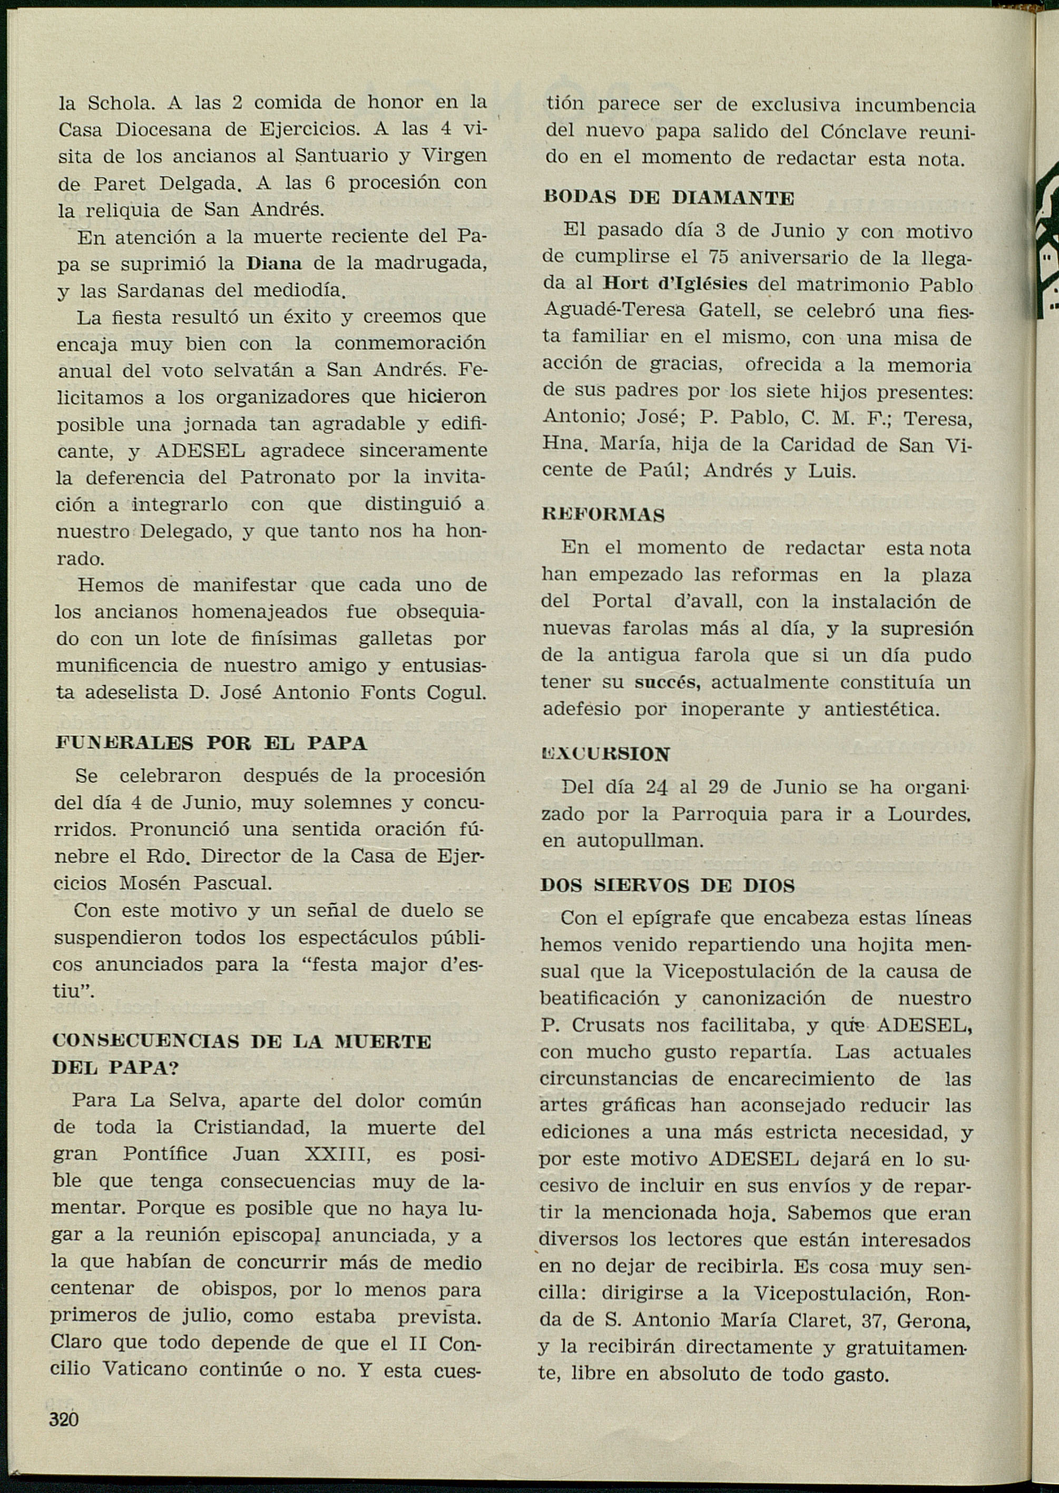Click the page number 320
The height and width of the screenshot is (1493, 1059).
pyautogui.click(x=64, y=1419)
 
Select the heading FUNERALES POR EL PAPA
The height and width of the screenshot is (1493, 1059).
pyautogui.click(x=211, y=744)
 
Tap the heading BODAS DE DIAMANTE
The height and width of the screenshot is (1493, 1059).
pyautogui.click(x=669, y=198)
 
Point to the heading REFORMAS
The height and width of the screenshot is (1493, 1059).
pyautogui.click(x=603, y=515)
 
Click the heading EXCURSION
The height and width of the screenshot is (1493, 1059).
pyautogui.click(x=606, y=754)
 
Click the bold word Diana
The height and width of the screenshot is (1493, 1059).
pyautogui.click(x=274, y=264)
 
